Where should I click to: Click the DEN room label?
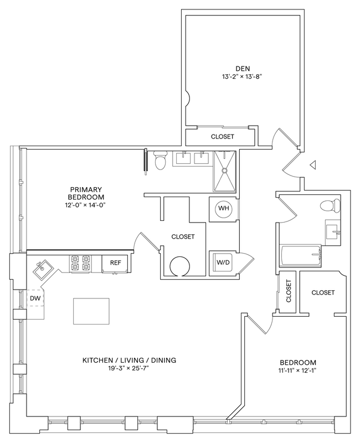(240, 69)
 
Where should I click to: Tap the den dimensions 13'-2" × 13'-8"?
(240, 78)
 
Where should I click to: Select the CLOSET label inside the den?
(222, 136)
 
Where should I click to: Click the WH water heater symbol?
(223, 208)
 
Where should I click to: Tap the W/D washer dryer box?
(223, 261)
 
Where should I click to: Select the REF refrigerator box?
(115, 263)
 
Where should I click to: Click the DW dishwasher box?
(35, 299)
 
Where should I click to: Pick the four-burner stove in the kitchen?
(80, 263)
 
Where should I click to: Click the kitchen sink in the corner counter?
(42, 270)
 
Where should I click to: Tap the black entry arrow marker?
(313, 165)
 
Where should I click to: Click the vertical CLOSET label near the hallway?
(289, 291)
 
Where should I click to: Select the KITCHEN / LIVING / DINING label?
(129, 360)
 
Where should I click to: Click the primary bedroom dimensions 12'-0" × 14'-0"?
(86, 205)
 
